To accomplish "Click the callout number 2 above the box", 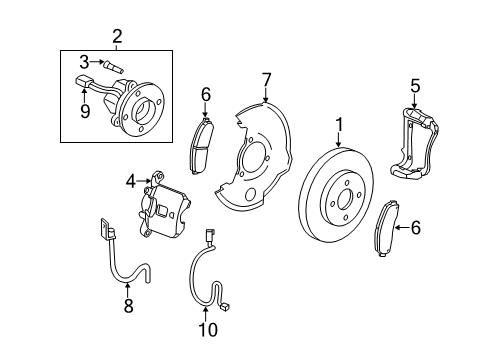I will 117,37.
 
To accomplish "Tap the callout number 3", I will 84,61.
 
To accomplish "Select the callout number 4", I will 130,181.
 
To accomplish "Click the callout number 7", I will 266,79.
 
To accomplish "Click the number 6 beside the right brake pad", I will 444,227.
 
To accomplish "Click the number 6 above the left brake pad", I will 205,94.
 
